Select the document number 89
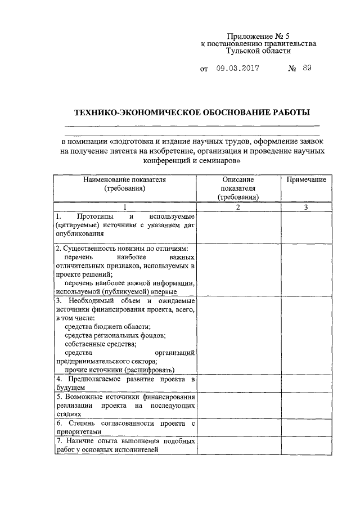pos(306,69)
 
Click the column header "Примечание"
pos(306,179)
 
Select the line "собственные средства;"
pos(101,344)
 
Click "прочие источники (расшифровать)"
pos(119,370)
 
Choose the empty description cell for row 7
pos(238,445)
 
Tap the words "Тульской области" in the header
pos(258,51)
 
